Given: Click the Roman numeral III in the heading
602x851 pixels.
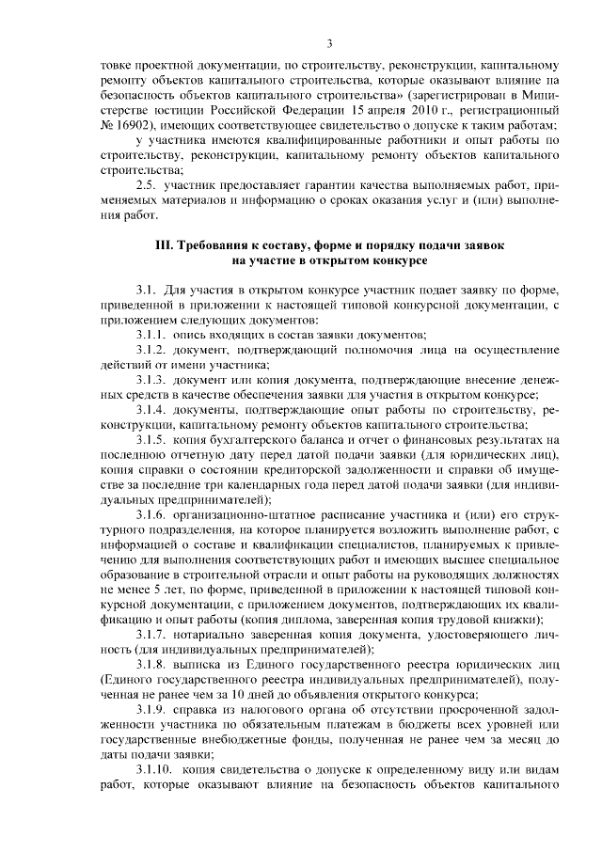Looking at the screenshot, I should (164, 244).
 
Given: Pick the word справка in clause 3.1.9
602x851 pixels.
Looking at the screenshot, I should (207, 711).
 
